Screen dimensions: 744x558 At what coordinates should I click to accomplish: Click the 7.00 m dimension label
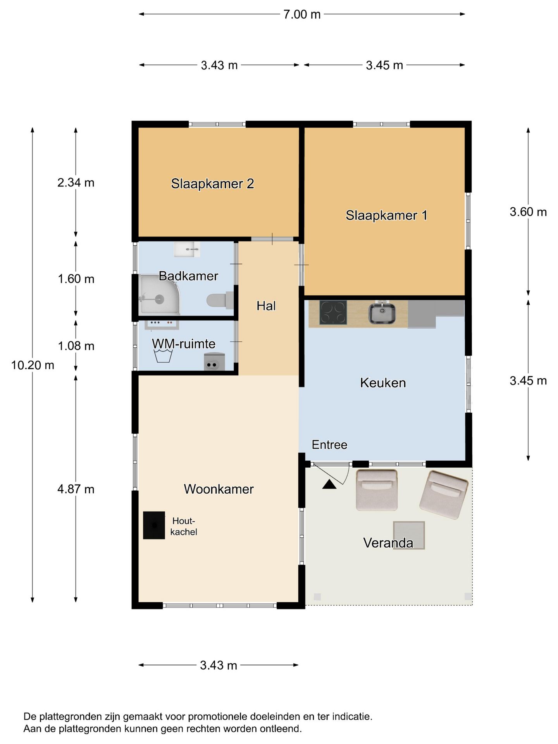click(301, 15)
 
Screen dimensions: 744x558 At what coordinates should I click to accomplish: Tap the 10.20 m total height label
click(33, 365)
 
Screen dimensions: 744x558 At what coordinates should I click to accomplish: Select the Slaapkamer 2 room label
click(212, 184)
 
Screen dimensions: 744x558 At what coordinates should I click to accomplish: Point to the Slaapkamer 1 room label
click(386, 215)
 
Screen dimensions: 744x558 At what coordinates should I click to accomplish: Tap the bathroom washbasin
click(187, 249)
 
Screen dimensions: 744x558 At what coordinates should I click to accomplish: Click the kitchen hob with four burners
click(333, 312)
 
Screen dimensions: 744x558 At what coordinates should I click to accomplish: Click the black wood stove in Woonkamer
click(154, 525)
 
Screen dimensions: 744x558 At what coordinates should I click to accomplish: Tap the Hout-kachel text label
click(184, 526)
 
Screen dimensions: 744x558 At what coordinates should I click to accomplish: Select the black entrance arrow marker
click(329, 484)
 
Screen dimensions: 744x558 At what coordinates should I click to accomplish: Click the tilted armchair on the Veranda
click(444, 494)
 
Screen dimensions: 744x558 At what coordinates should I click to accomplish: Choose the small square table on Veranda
click(409, 535)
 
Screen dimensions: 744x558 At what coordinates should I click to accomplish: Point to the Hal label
click(266, 306)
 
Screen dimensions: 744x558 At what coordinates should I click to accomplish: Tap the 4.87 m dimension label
click(76, 489)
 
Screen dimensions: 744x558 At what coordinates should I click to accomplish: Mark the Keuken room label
click(383, 383)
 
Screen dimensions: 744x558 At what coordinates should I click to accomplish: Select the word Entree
click(329, 445)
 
